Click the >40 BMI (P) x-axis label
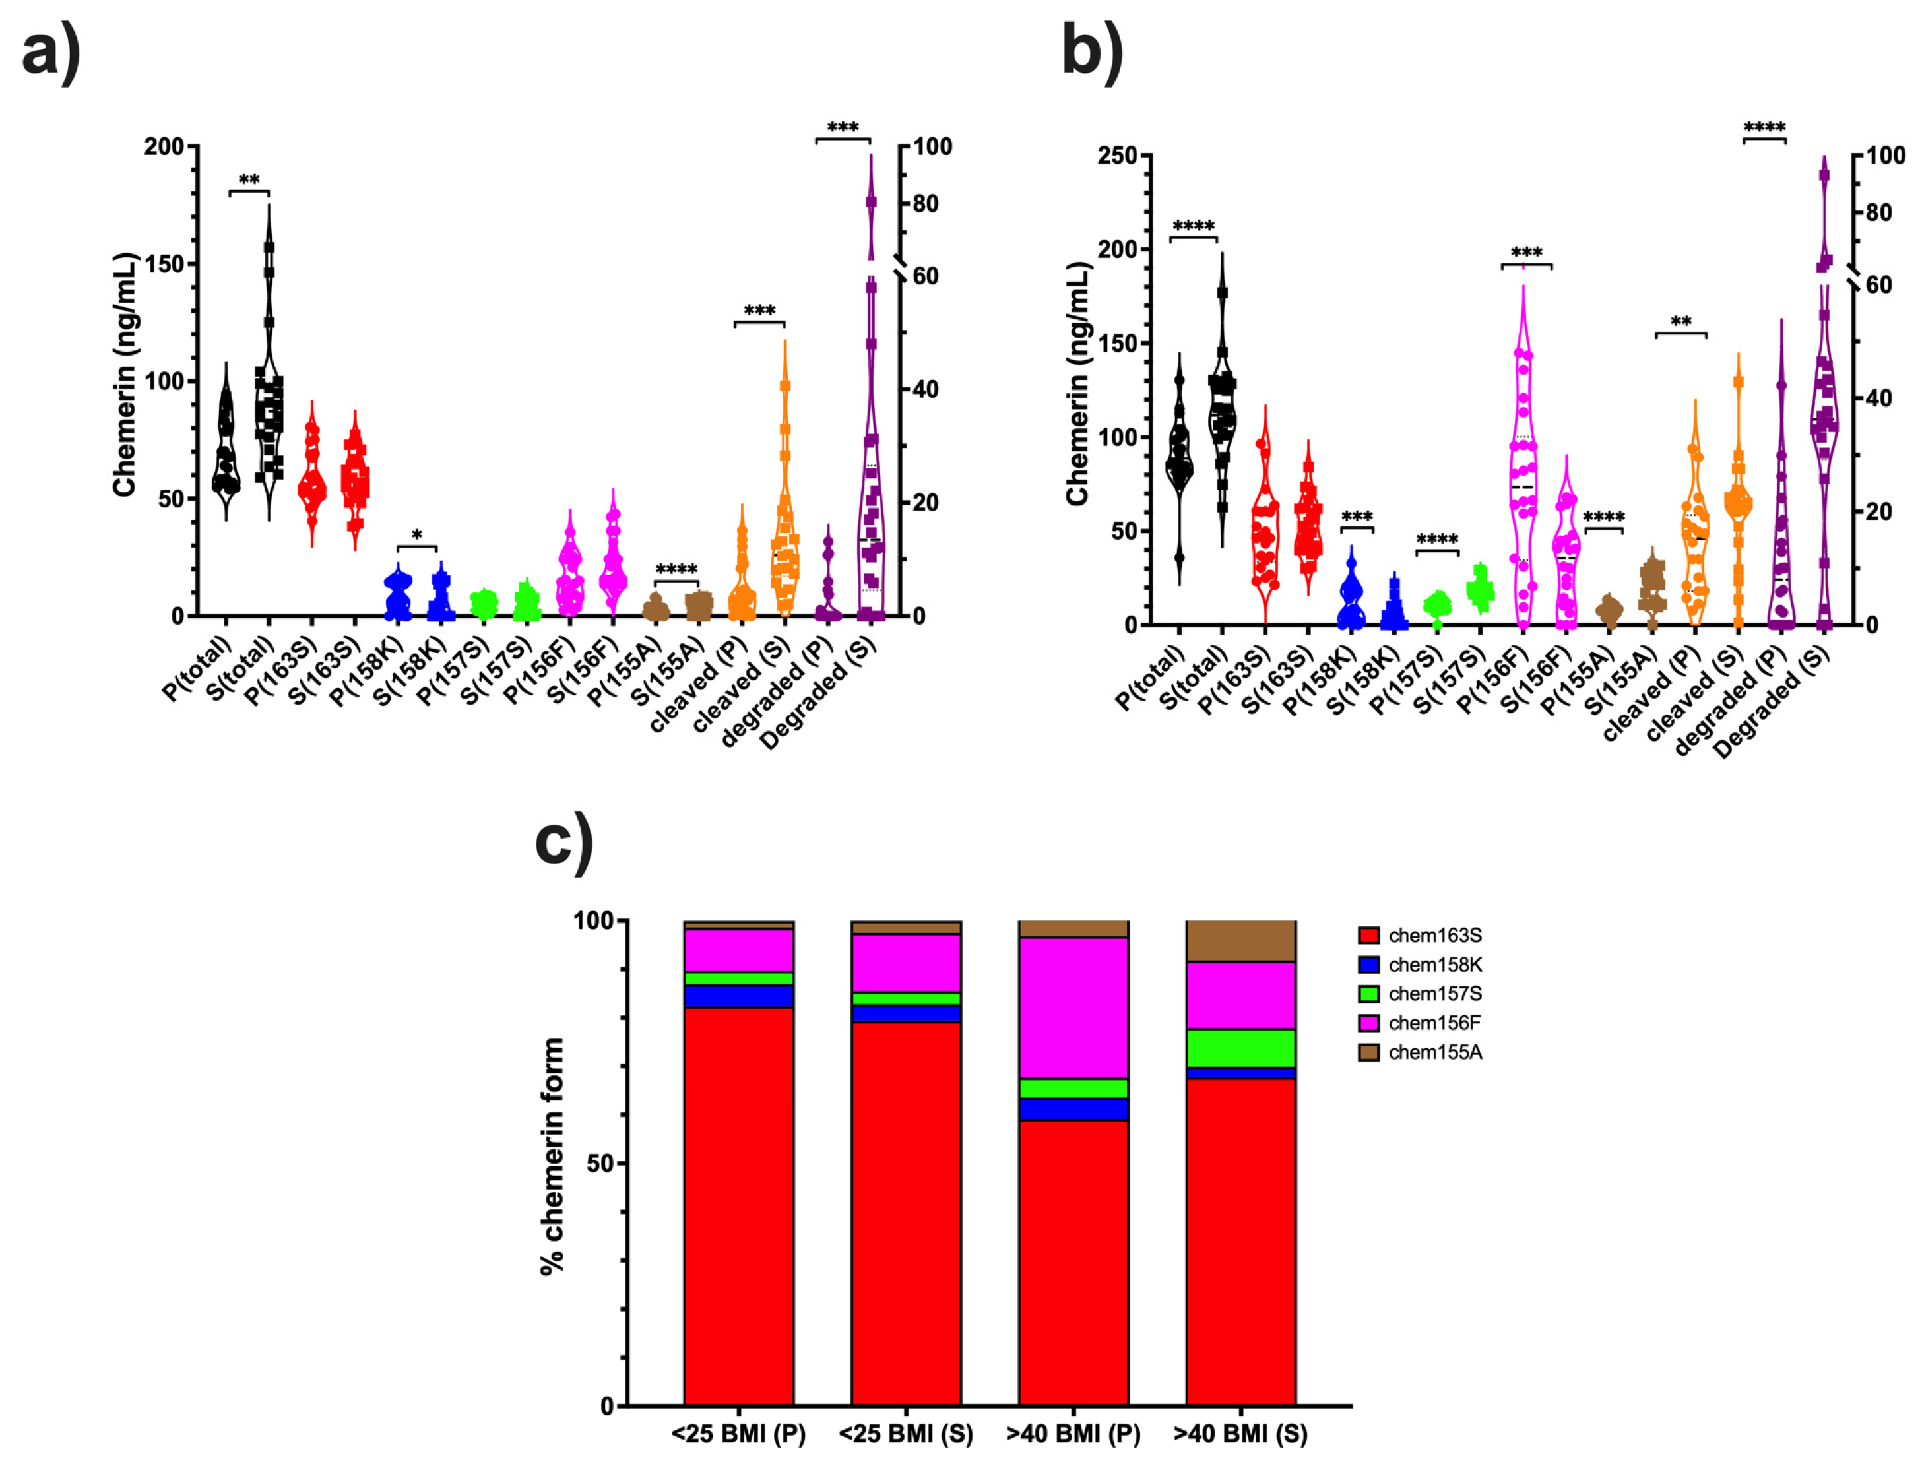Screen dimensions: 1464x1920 click(1073, 1434)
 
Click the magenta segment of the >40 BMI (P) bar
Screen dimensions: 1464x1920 click(1073, 1008)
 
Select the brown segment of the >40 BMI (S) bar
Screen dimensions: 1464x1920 click(1240, 941)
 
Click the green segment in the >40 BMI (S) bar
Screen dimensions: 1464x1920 click(1240, 1048)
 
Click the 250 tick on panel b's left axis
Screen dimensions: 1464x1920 click(1117, 155)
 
